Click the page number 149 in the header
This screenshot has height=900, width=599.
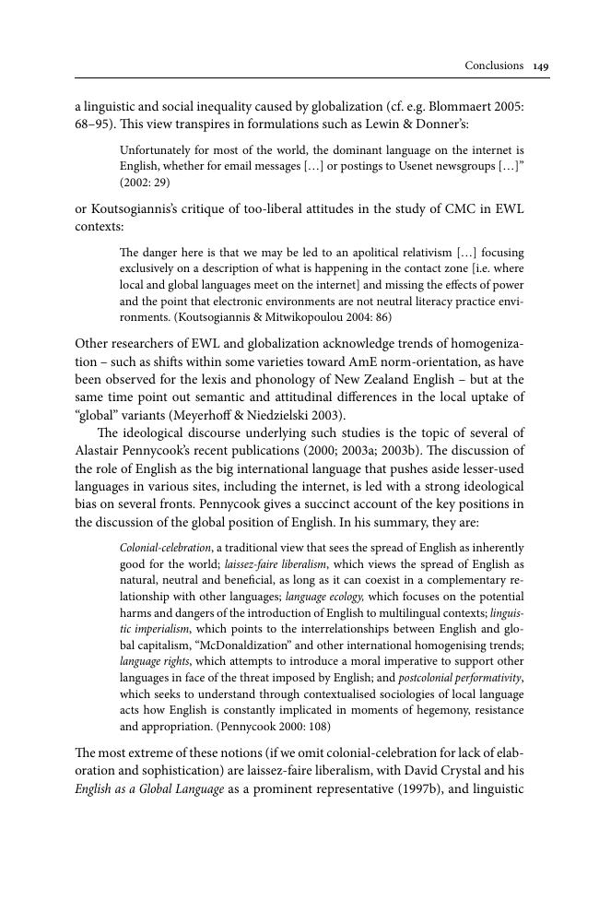coord(541,65)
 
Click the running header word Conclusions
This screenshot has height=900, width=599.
coord(494,65)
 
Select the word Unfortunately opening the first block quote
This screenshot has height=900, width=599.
coord(156,149)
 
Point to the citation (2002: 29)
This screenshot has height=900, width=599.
coord(145,183)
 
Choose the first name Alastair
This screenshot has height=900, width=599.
coord(101,450)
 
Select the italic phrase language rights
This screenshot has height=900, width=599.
coord(152,661)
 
